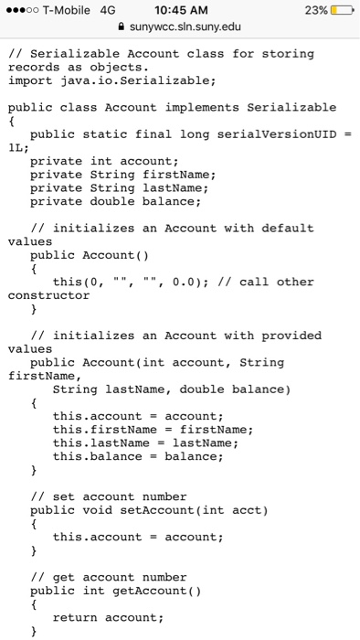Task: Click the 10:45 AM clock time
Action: [179, 10]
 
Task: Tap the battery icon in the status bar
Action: [340, 10]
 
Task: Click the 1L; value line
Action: [19, 147]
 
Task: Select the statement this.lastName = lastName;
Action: [146, 443]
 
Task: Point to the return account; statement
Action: [108, 617]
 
